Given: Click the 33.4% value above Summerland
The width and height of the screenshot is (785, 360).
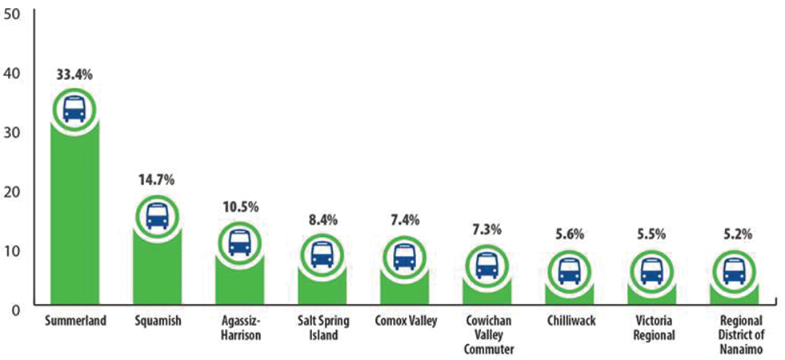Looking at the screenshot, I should [x=74, y=74].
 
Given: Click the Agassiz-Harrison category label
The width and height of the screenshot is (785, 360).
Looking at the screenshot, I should [x=238, y=328].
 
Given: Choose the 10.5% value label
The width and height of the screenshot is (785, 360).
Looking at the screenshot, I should [x=239, y=207].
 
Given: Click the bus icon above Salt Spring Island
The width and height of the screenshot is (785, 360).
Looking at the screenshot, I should [x=322, y=254].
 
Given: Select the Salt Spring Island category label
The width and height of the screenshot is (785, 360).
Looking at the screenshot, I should [x=322, y=328].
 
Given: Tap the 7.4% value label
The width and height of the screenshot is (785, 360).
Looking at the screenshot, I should [x=404, y=222].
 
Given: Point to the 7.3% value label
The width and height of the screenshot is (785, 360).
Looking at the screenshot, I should [x=487, y=230].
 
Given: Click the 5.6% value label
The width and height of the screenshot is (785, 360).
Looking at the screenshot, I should [x=569, y=235].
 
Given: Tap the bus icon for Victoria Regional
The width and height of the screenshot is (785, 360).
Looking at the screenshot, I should [x=651, y=271].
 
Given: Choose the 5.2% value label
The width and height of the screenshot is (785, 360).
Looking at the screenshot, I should [x=734, y=235].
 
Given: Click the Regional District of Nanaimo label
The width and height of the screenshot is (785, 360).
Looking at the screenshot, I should [x=734, y=334].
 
